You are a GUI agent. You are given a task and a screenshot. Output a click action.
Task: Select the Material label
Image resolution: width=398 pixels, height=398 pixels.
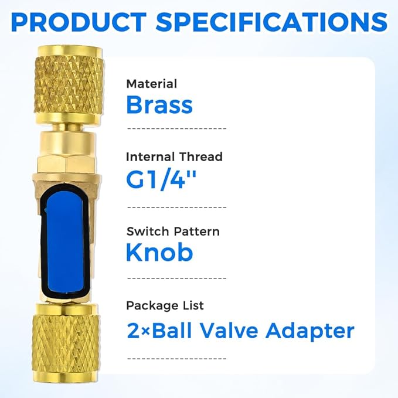coord(151,84)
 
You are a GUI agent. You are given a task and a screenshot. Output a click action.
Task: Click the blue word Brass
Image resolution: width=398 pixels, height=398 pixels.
coord(159,106)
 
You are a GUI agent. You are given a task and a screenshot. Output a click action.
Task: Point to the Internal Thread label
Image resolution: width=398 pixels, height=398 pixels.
coord(174,157)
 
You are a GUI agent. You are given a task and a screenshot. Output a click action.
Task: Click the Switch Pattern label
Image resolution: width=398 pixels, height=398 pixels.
coord(173,231)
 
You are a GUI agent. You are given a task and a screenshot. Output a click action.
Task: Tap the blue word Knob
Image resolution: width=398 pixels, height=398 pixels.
coord(160,253)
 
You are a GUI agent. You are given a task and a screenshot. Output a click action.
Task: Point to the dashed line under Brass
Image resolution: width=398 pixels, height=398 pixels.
coord(176,127)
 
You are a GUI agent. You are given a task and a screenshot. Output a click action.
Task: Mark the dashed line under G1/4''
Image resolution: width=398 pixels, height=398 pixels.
coord(176,207)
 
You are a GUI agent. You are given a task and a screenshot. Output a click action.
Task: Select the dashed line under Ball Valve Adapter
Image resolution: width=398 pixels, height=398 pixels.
coord(176,356)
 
